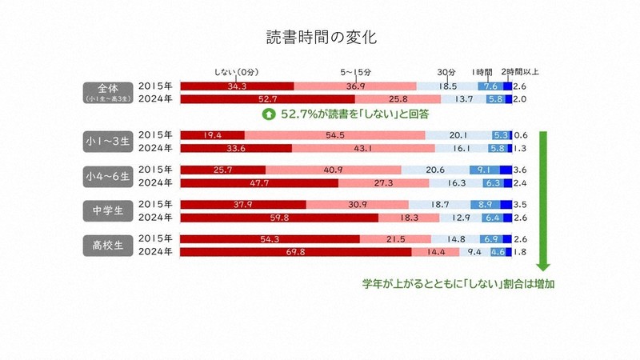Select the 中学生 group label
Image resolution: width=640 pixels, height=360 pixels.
[106, 211]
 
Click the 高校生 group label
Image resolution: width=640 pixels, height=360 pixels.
[106, 246]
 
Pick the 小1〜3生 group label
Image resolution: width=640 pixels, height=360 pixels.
[106, 142]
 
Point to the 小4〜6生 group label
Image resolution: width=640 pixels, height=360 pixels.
[106, 176]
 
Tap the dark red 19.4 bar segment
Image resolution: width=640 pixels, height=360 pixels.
[213, 134]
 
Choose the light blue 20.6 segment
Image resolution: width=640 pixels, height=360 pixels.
[434, 170]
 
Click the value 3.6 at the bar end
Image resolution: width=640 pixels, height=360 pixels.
[520, 170]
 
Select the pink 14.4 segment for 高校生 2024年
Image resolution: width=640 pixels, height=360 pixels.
[436, 253]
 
